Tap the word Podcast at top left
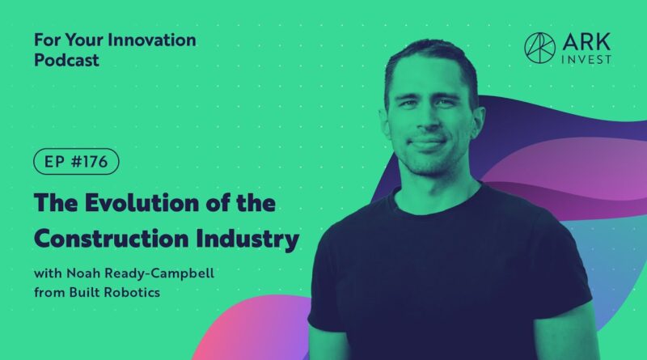[66, 61]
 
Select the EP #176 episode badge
[76, 162]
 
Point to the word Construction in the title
[111, 239]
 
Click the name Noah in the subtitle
[84, 273]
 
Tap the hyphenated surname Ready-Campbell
[159, 274]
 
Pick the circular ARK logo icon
[539, 48]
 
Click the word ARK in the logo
[586, 42]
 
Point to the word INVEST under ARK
[586, 59]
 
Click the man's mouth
[427, 142]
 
